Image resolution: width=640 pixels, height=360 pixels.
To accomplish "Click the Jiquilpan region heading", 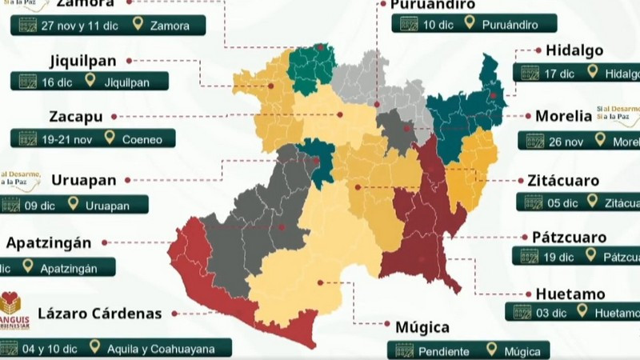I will (x=83, y=60).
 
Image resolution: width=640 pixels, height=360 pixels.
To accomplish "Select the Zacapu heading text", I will (x=75, y=117).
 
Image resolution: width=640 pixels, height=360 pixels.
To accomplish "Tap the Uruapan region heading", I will (x=85, y=180).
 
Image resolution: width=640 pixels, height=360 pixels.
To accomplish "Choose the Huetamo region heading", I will (x=570, y=294).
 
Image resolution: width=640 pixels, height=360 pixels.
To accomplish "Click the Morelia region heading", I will (x=563, y=116).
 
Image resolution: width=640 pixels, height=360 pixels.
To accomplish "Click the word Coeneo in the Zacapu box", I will (x=142, y=139).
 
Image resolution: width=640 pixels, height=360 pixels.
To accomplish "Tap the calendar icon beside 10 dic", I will (x=409, y=24).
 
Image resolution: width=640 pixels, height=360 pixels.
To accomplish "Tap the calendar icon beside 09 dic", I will (x=11, y=204).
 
